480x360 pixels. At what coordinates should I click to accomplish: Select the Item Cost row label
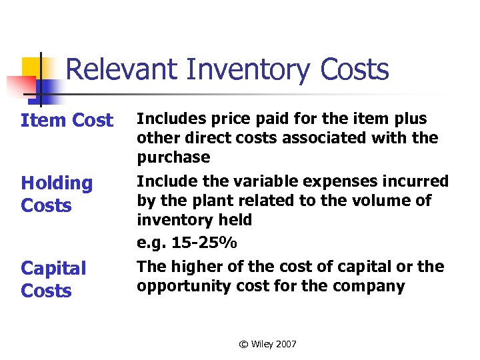click(x=67, y=121)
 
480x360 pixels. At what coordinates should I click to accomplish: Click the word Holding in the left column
click(x=57, y=183)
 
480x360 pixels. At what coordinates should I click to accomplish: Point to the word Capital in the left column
click(x=53, y=268)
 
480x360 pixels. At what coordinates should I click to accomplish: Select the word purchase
click(x=173, y=158)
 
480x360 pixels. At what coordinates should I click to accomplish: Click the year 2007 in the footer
click(x=285, y=344)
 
